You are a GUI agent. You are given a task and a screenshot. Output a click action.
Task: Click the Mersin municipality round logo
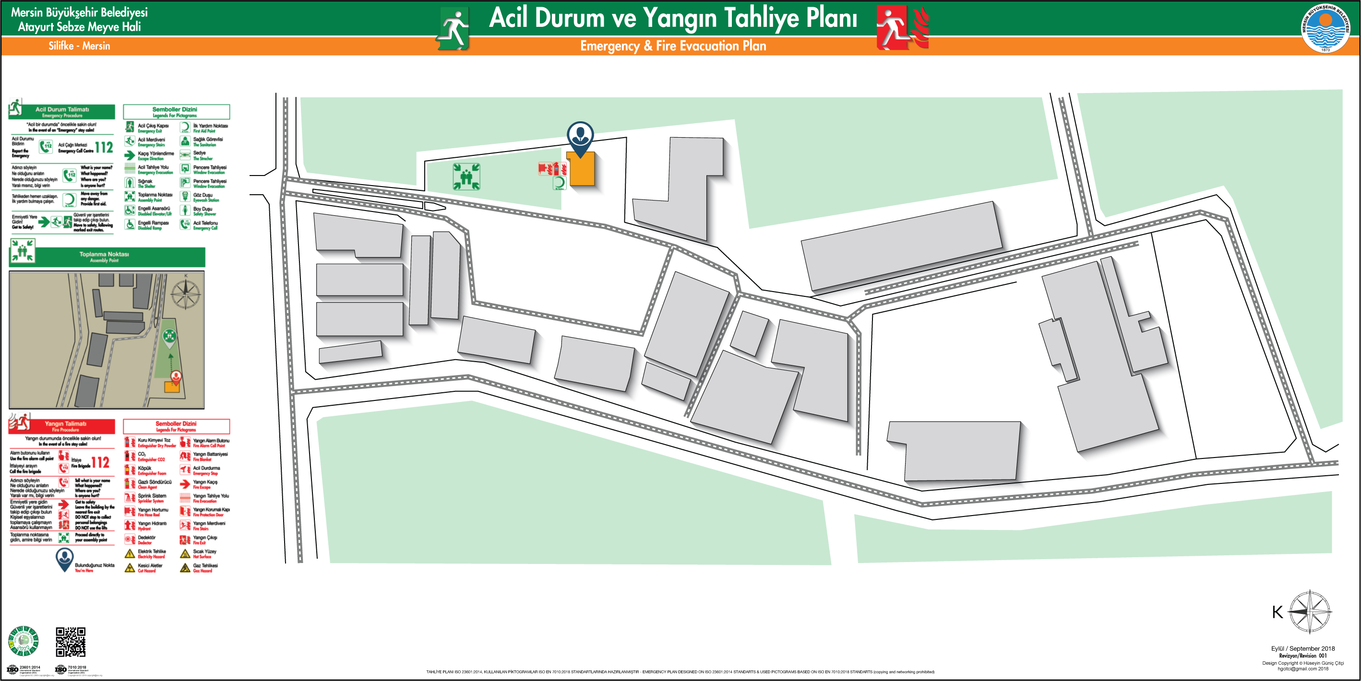coord(1325,28)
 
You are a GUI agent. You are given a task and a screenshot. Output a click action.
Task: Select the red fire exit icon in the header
coord(901,27)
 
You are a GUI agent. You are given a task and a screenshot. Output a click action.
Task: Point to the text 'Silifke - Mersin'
coord(79,46)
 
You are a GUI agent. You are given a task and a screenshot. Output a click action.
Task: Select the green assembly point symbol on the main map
coord(466,176)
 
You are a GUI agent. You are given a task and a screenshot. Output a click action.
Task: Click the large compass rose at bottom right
coord(1310,611)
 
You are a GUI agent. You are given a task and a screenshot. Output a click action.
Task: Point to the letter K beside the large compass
coord(1277,612)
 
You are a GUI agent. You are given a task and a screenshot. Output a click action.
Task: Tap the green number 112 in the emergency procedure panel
coord(104,147)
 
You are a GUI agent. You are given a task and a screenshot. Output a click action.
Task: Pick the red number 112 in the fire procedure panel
coord(100,463)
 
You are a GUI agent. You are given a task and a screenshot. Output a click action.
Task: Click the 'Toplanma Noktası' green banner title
coord(104,255)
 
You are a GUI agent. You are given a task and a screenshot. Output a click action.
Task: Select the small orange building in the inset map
coord(172,387)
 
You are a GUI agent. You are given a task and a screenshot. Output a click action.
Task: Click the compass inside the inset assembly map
coord(185,293)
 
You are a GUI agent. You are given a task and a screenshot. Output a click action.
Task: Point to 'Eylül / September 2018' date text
coord(1302,648)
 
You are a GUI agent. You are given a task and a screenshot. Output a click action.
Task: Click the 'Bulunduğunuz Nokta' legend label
coord(94,565)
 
